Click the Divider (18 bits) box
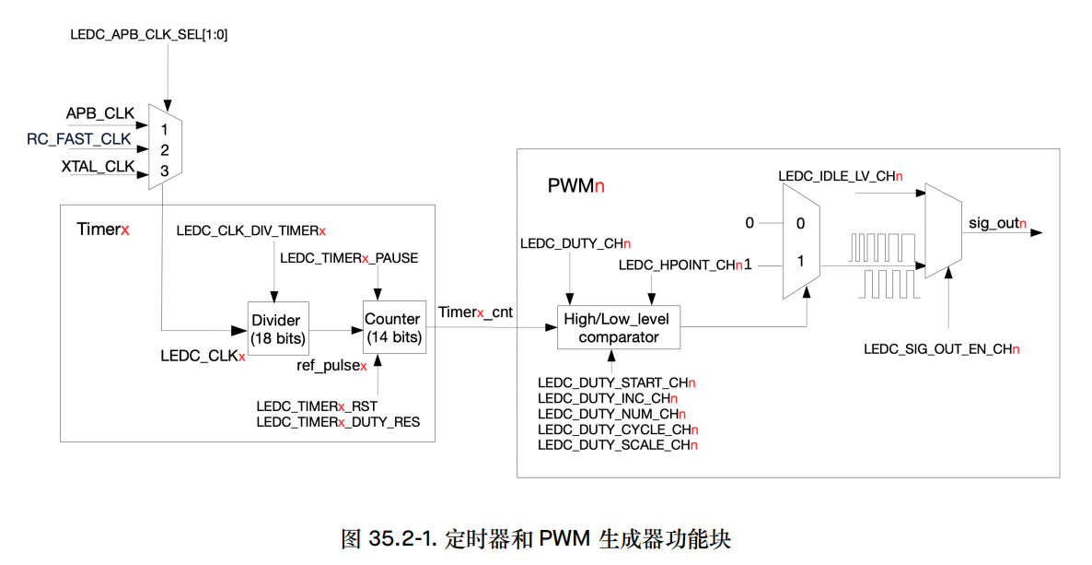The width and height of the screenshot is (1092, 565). click(276, 329)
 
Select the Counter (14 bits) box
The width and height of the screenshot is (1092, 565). click(393, 328)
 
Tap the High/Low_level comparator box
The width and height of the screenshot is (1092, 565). click(619, 327)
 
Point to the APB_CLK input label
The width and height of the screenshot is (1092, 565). click(99, 113)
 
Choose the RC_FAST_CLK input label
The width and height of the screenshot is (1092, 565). click(79, 140)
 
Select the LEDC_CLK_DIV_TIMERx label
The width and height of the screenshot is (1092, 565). click(251, 230)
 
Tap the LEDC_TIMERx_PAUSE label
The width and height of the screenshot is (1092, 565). click(349, 258)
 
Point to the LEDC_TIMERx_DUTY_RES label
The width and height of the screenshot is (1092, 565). click(338, 422)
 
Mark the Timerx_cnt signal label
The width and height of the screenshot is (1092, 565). click(475, 312)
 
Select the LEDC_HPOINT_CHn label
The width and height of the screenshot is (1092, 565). click(680, 265)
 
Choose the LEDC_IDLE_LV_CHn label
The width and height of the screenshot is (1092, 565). click(840, 175)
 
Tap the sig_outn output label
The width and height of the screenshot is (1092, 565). click(997, 223)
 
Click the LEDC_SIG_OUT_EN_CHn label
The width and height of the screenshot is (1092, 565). click(941, 349)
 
